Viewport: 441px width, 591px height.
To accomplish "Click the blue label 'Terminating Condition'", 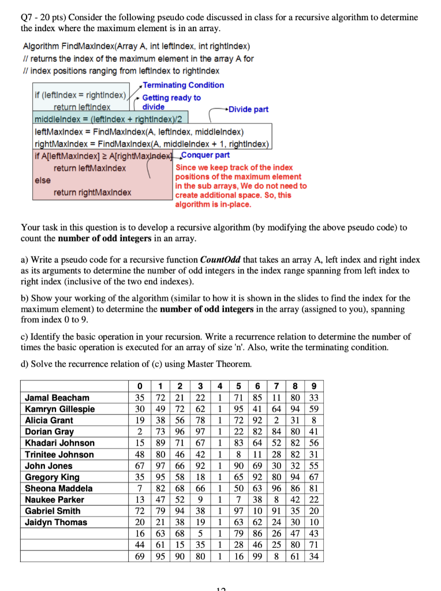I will point(183,85).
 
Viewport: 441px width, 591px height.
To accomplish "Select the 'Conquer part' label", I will point(206,155).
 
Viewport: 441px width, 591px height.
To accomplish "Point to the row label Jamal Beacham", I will point(57,398).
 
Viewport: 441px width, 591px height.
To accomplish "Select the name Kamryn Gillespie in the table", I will point(59,409).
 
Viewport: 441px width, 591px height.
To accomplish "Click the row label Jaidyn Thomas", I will point(55,522).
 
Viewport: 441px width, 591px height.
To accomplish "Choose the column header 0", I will point(139,386).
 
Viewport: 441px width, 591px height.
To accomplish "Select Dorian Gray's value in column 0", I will point(139,432).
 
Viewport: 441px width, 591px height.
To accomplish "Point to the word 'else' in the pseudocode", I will point(43,180).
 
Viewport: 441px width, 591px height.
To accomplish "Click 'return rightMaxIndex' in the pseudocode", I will point(92,192).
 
